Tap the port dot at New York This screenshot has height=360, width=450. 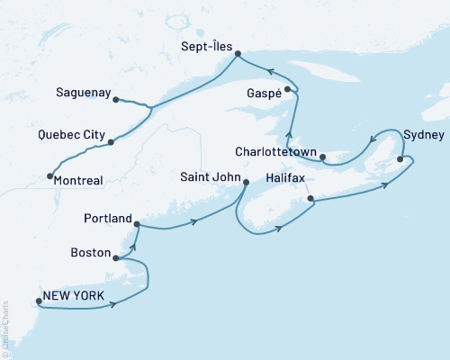point(39,301)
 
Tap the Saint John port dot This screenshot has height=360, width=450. point(246,183)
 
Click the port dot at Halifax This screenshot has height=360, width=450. point(310,199)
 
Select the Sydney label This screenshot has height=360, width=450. point(424,135)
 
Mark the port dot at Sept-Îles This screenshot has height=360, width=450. point(238,55)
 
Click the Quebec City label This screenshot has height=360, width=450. point(70,136)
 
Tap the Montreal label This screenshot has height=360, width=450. point(78,180)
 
